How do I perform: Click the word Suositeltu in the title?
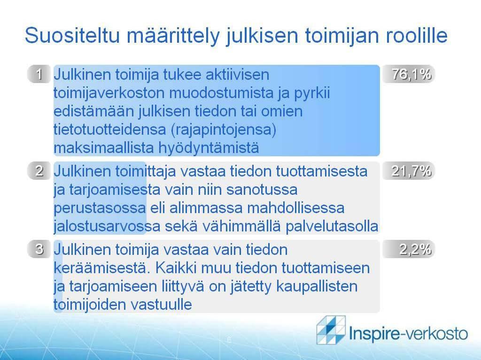(72, 35)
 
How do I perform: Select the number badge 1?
(39, 74)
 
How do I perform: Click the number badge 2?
(39, 170)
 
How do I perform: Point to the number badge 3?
(39, 249)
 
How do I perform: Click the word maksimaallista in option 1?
(103, 147)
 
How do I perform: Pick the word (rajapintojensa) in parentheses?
(223, 130)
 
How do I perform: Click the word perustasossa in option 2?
(100, 208)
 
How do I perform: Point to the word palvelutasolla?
(332, 226)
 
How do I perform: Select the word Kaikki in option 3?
(176, 268)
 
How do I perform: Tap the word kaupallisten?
(317, 286)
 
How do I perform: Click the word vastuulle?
(162, 305)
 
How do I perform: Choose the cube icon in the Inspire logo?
(331, 330)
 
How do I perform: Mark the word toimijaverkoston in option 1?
(109, 92)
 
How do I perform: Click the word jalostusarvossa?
(107, 227)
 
